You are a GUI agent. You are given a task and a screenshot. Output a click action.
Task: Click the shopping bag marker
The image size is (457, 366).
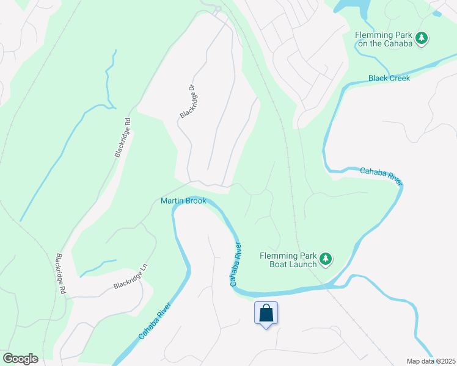click(266, 314)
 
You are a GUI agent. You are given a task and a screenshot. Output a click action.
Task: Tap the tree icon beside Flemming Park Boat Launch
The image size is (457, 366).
click(326, 259)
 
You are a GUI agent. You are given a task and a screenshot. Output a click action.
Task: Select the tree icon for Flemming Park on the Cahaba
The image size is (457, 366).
click(422, 39)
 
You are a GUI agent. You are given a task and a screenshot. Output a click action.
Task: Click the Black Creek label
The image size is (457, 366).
click(389, 78)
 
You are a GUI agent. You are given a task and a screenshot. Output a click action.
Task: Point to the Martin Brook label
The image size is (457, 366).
click(183, 201)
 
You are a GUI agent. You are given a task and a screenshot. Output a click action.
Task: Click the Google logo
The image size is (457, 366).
click(20, 359)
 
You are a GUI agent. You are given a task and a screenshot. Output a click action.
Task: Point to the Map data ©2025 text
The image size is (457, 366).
click(431, 361)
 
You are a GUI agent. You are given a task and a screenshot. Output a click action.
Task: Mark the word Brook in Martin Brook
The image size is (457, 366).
click(196, 201)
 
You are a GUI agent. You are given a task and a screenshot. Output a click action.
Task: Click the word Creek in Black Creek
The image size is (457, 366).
click(398, 78)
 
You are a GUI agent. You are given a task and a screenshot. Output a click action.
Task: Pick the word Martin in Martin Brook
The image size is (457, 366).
click(172, 201)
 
